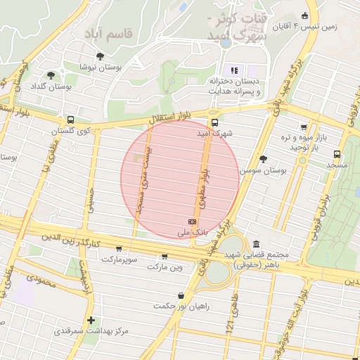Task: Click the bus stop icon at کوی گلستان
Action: [x=70, y=120]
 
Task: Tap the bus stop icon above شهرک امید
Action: [x=214, y=121]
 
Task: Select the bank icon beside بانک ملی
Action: [x=193, y=221]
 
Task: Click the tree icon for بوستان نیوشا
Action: [x=101, y=56]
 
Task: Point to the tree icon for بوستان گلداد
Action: [x=50, y=75]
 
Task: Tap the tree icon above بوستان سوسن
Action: [x=264, y=159]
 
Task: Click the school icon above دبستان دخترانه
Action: [x=234, y=70]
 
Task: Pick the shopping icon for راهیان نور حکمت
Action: [x=182, y=295]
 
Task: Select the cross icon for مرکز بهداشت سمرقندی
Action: [x=90, y=320]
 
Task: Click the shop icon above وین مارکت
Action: [x=166, y=257]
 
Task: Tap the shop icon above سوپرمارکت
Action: [x=119, y=248]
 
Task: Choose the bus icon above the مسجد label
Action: [x=337, y=153]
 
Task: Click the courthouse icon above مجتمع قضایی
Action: [x=256, y=243]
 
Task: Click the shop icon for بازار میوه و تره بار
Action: [x=303, y=127]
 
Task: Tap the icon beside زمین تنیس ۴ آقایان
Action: [x=304, y=16]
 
